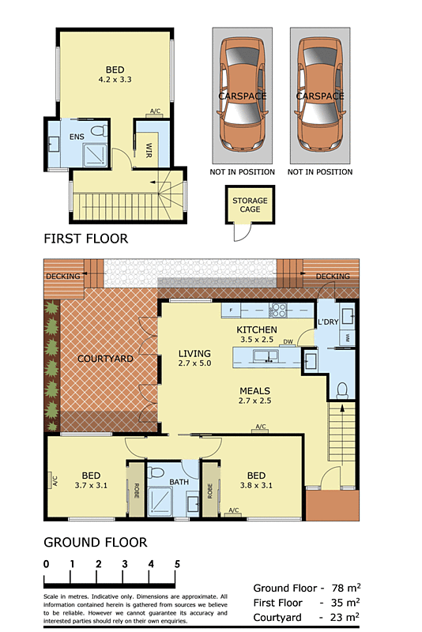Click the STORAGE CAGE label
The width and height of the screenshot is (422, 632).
click(250, 205)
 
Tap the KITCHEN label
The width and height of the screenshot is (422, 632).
click(257, 329)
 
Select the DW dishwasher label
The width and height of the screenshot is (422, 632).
click(288, 341)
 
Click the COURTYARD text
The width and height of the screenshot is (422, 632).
click(104, 359)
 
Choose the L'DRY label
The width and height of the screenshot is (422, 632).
click(328, 324)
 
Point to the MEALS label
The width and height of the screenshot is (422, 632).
click(255, 391)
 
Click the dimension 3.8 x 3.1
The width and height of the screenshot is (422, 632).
click(256, 486)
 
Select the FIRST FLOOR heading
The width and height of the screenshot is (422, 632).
click(85, 239)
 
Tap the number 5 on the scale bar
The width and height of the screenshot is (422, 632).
click(177, 564)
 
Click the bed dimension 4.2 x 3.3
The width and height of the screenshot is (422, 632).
click(115, 80)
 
